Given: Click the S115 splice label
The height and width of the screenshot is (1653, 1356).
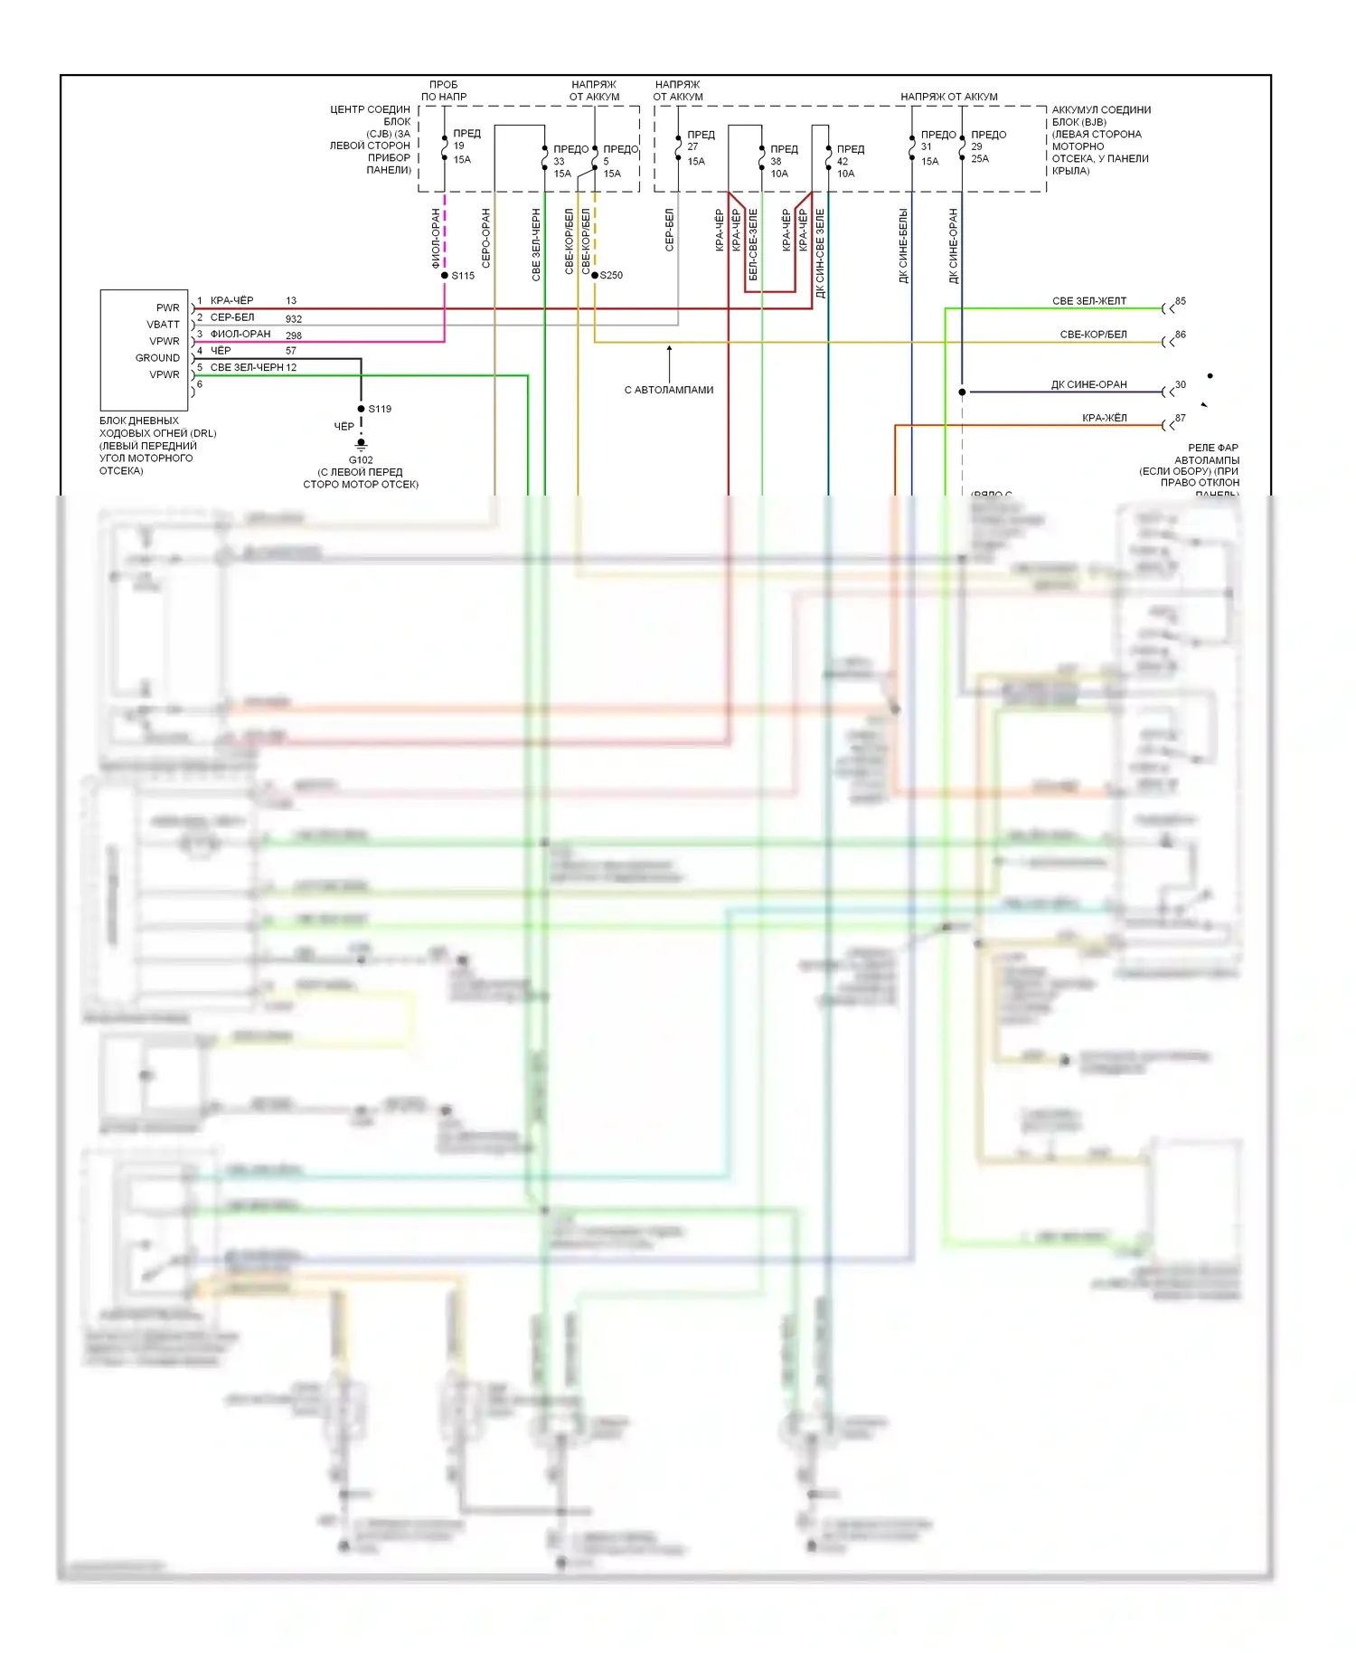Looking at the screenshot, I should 463,276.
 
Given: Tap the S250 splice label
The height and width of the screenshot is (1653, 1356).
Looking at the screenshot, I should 611,276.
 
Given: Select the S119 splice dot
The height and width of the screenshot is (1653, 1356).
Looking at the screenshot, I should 361,409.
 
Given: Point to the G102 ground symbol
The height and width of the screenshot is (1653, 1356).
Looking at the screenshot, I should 361,445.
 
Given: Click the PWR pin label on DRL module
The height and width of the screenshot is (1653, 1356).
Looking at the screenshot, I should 167,307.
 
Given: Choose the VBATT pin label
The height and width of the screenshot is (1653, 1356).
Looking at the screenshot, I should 163,325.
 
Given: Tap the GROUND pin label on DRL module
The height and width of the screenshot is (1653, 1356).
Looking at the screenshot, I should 157,358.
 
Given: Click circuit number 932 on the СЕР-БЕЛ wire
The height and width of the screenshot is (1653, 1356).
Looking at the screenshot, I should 294,319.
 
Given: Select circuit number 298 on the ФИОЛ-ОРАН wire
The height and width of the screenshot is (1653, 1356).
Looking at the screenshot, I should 294,335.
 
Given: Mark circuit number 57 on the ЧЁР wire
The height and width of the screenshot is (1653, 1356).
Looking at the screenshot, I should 291,351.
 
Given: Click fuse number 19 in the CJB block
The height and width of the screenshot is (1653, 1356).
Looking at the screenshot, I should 459,146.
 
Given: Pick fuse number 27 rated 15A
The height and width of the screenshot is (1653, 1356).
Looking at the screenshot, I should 692,146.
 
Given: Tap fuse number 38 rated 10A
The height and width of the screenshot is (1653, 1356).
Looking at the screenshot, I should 776,162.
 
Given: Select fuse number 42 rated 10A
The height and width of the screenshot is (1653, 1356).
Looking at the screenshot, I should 843,162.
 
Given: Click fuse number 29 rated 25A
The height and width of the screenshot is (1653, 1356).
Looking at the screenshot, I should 976,146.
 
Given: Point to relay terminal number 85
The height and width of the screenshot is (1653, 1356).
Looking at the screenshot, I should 1180,301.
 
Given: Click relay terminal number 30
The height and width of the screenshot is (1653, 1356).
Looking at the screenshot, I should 1180,384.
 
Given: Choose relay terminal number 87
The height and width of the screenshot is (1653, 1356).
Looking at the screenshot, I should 1180,418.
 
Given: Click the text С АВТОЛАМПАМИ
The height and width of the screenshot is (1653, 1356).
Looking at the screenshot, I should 669,391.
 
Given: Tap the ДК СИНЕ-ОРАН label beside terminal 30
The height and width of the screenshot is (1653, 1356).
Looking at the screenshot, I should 1088,384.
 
